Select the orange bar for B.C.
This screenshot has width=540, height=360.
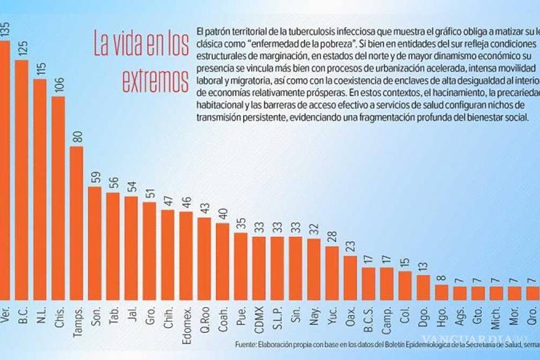coord(22,180)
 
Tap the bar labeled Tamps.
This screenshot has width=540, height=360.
coord(76,223)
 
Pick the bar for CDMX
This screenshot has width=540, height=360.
coord(259,268)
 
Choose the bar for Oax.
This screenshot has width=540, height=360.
coord(350,278)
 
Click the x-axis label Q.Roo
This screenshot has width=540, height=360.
coord(205,319)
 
